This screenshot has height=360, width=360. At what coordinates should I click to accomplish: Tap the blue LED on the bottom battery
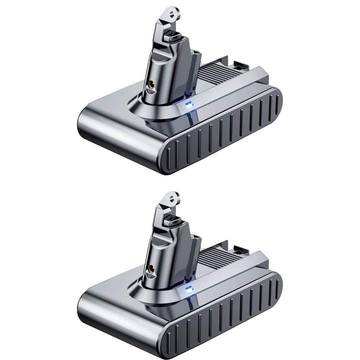click(x=187, y=288)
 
